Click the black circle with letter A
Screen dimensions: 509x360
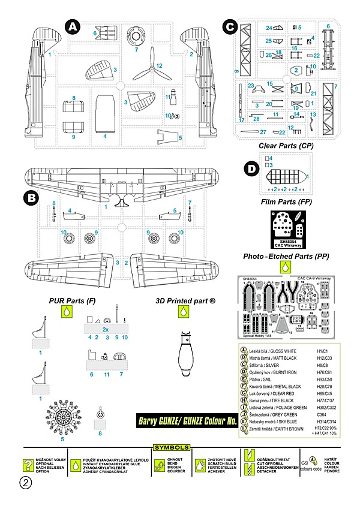point(72,26)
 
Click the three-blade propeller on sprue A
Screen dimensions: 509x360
point(147,73)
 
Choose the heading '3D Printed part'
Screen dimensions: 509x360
point(186,300)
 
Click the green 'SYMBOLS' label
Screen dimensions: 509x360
point(172,447)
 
